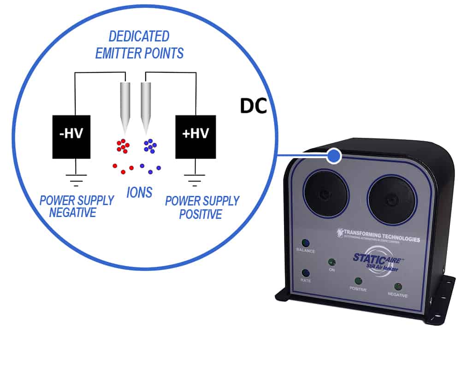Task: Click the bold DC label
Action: click(253, 106)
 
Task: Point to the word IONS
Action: click(139, 192)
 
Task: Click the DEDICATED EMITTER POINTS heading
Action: click(139, 45)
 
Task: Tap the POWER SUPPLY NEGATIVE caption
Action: click(77, 206)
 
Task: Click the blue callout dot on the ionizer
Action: click(333, 157)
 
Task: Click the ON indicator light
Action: click(331, 262)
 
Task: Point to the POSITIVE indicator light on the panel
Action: click(358, 281)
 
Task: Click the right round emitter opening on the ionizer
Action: click(392, 199)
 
